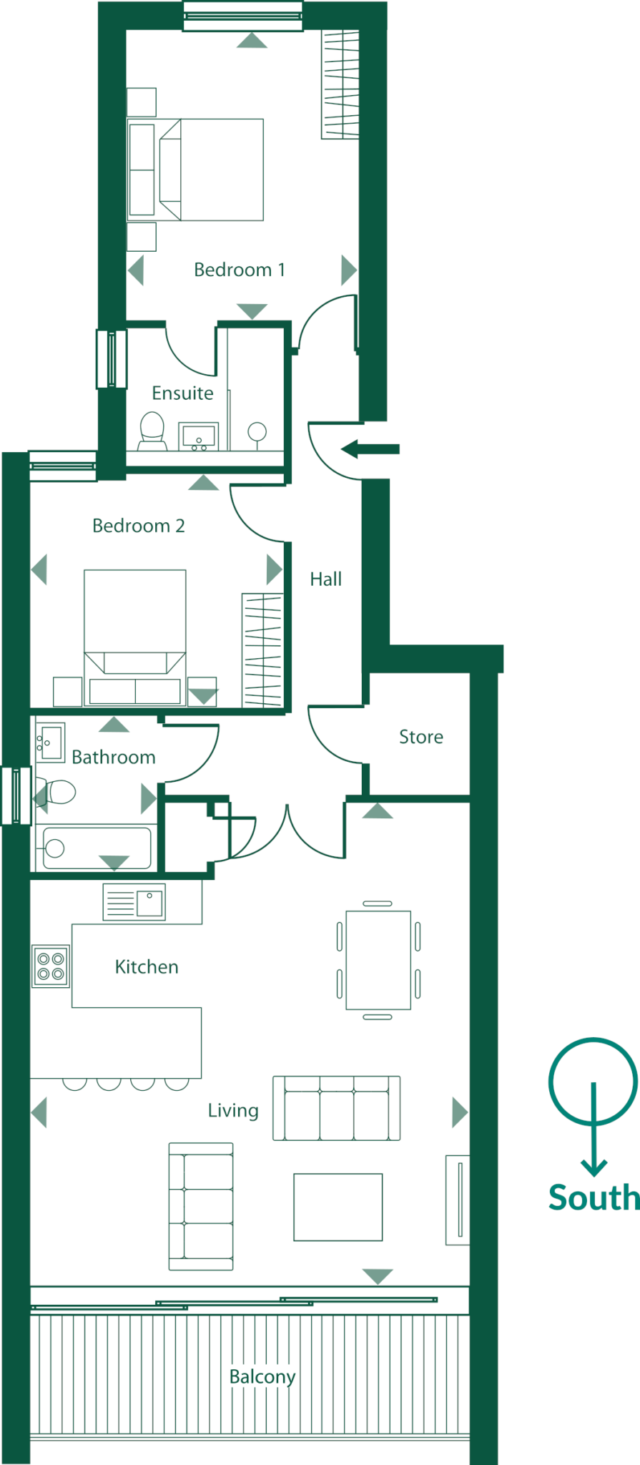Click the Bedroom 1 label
239,270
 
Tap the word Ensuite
182,393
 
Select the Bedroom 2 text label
138,526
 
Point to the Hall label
325,579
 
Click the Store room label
420,737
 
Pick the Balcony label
262,1376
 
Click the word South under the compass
593,1197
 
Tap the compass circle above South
593,1081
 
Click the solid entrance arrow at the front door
370,449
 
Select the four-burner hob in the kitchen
51,966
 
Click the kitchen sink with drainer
134,902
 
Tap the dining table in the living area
378,960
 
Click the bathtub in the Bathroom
97,848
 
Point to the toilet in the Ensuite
152,431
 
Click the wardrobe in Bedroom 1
340,84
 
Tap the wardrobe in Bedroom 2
262,650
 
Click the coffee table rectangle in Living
338,1207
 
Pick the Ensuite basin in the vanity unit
199,436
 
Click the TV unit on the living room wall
458,1200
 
